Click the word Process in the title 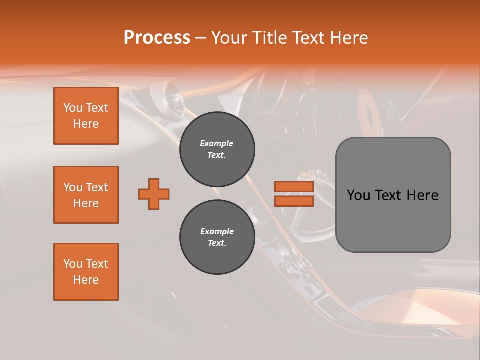157,37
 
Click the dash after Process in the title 201,38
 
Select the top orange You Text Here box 86,116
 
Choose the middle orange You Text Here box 86,195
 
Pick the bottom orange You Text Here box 86,272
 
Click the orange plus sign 154,194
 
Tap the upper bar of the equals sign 294,187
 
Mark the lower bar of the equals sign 294,201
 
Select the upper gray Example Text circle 217,149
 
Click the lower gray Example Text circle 217,237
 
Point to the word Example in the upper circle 217,143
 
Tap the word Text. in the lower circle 217,243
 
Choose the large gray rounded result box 393,195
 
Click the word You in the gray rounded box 358,195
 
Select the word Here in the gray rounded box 422,195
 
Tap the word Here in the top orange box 86,124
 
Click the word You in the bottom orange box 73,264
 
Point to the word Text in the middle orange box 96,187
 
